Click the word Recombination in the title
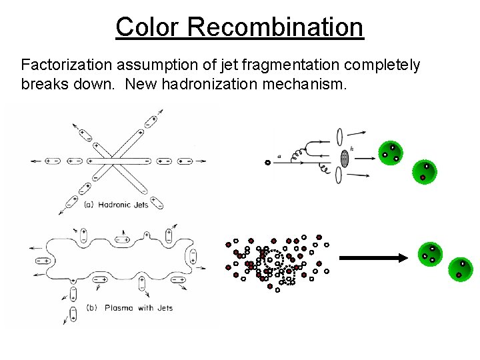pyautogui.click(x=275, y=27)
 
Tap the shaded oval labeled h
pyautogui.click(x=345, y=158)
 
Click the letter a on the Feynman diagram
pyautogui.click(x=279, y=156)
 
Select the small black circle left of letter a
pyautogui.click(x=267, y=162)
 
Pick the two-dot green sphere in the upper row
pyautogui.click(x=424, y=172)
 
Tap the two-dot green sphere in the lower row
pyautogui.click(x=461, y=269)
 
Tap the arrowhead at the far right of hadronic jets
pyautogui.click(x=203, y=161)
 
